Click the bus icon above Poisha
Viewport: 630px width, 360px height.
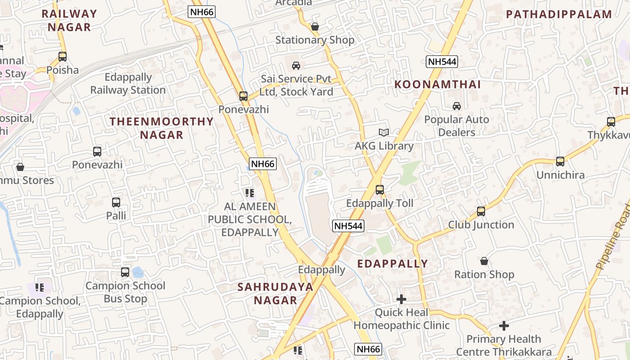63,57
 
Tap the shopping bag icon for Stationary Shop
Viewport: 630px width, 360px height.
315,27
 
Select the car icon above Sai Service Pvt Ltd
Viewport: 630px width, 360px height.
296,66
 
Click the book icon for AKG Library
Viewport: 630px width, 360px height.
383,132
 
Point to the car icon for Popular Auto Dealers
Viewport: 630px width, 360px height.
457,106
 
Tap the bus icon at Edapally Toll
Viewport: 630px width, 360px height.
380,190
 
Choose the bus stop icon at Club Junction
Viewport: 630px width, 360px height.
481,211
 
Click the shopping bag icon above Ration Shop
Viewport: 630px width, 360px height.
484,261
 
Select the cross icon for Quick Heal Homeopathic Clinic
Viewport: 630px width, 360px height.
401,299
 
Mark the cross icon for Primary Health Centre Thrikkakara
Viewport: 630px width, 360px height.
504,325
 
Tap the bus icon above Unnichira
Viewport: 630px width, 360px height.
560,162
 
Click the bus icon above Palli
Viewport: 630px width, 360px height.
116,202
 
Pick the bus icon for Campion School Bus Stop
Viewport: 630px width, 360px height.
125,272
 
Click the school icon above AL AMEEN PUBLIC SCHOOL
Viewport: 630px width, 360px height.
250,193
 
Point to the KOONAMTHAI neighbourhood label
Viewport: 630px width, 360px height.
438,85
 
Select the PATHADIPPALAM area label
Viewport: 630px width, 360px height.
565,14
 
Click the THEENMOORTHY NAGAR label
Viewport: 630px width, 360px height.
162,128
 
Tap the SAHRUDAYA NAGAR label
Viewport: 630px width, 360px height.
275,293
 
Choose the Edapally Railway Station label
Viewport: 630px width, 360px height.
128,84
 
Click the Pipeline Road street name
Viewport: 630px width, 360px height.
613,237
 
